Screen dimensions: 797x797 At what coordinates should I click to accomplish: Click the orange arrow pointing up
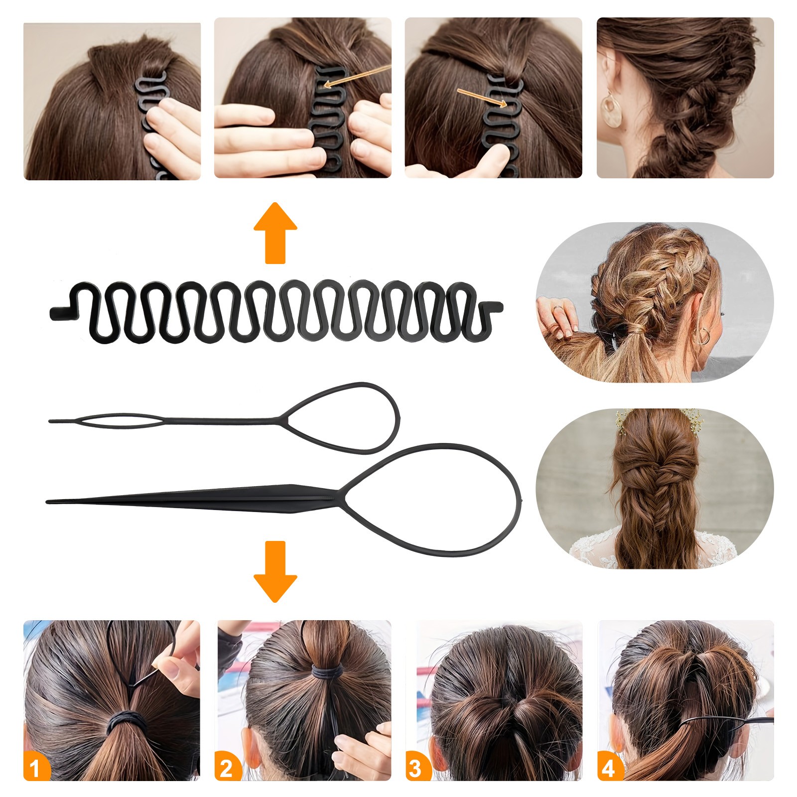click(275, 233)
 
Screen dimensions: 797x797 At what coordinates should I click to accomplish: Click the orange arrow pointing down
click(275, 571)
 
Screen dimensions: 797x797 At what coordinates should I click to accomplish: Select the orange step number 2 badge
click(227, 768)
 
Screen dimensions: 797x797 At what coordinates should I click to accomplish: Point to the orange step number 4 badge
click(609, 768)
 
